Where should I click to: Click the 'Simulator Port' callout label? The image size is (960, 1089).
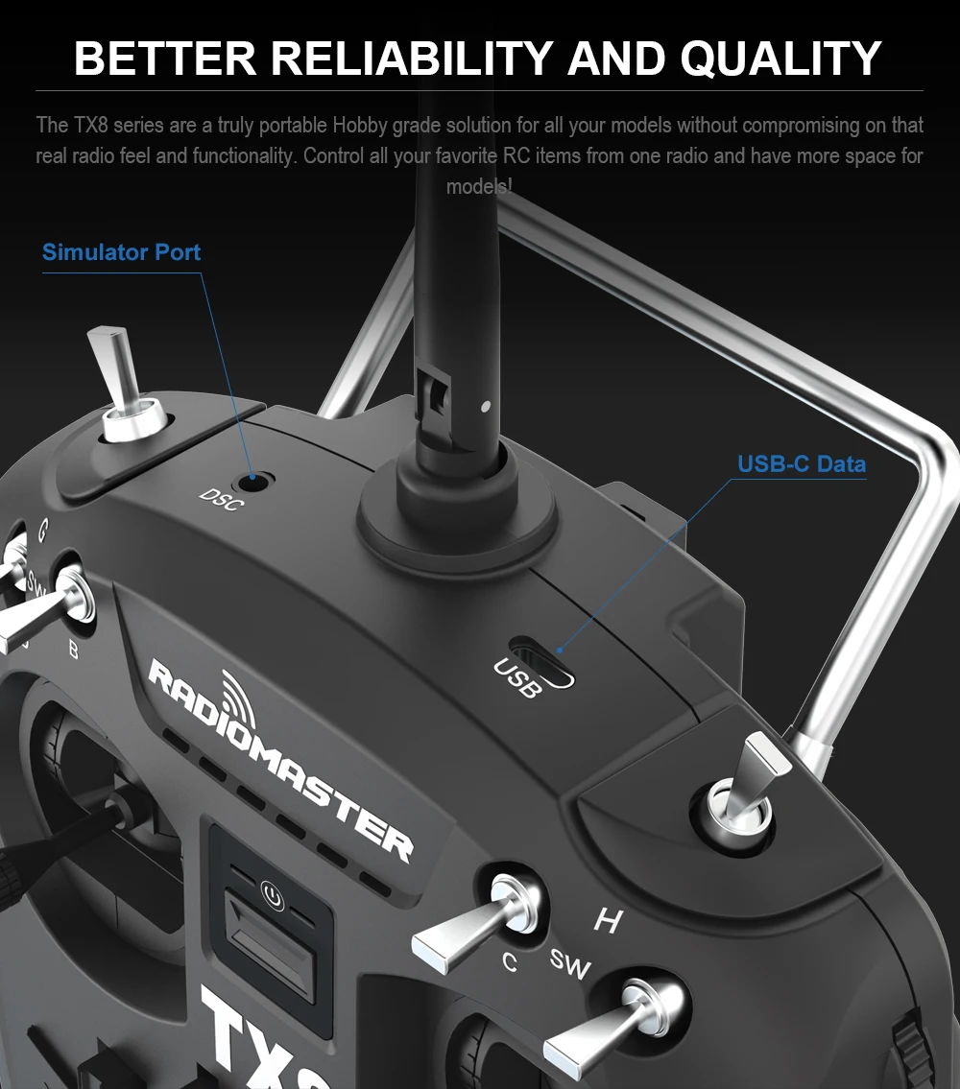[x=121, y=252]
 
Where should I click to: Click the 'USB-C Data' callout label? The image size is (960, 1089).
[x=802, y=464]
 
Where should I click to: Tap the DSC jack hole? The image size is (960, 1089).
[x=254, y=477]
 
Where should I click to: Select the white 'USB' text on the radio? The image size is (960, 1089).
[x=516, y=678]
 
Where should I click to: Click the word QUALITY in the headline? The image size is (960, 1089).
[x=780, y=58]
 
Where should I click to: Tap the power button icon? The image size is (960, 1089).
[x=274, y=898]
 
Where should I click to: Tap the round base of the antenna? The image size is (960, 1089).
[x=457, y=507]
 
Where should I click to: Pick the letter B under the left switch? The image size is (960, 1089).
[x=73, y=650]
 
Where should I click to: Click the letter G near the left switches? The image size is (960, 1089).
[x=41, y=529]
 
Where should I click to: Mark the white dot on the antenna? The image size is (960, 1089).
[x=486, y=405]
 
